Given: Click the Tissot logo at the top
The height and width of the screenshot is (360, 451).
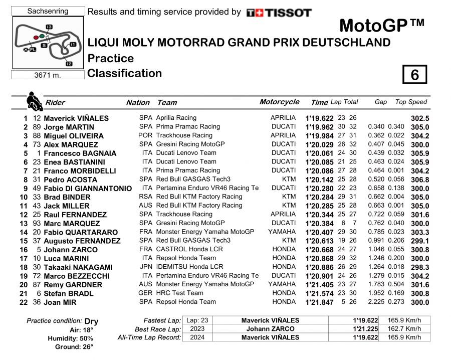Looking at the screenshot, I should pos(279,13).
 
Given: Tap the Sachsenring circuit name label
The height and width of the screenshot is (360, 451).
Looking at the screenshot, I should pos(48,11).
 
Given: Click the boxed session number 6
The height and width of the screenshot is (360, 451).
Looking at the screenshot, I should pos(414,75).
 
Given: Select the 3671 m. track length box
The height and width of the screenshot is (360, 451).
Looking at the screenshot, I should pos(48,75).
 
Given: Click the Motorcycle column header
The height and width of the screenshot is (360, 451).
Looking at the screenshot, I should pos(279,102).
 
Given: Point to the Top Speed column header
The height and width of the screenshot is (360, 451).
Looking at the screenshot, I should pos(411,102).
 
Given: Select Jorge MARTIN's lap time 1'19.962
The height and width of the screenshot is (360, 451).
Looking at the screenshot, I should pos(319,127).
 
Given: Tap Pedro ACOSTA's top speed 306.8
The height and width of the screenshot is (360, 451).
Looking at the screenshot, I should pos(419,180).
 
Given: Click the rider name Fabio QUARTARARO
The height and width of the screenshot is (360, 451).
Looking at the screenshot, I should pos(81,232).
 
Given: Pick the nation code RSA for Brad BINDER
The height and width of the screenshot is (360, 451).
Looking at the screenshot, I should pos(145,197).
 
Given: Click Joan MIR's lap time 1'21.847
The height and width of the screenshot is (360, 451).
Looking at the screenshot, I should pos(319,302).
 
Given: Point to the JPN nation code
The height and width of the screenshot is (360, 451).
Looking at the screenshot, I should pos(145,267).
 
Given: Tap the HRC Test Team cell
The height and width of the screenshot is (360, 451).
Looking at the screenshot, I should pos(180,293).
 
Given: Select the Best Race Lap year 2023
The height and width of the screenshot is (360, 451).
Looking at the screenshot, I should pos(192,329).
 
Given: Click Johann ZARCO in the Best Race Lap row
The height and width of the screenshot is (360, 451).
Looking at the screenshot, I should pos(270,329).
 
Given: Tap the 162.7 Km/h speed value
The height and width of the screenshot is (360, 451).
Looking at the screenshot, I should pos(404,329).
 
